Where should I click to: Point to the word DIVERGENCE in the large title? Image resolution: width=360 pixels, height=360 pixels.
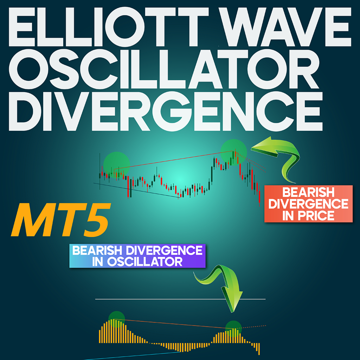166,111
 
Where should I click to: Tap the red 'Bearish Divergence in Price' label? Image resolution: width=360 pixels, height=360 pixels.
308,204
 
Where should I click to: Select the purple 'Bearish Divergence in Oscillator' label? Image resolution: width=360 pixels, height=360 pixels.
137,256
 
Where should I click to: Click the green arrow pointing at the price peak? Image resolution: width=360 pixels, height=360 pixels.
279,159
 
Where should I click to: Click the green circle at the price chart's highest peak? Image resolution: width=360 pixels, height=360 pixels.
233,152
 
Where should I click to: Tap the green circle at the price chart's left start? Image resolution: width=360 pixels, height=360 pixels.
117,165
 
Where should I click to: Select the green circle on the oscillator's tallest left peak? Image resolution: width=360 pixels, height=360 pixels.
117,319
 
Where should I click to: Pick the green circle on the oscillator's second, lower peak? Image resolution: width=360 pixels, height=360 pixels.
233,329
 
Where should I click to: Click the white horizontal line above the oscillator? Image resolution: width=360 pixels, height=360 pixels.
180,299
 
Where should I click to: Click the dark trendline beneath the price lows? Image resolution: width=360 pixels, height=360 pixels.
136,190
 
